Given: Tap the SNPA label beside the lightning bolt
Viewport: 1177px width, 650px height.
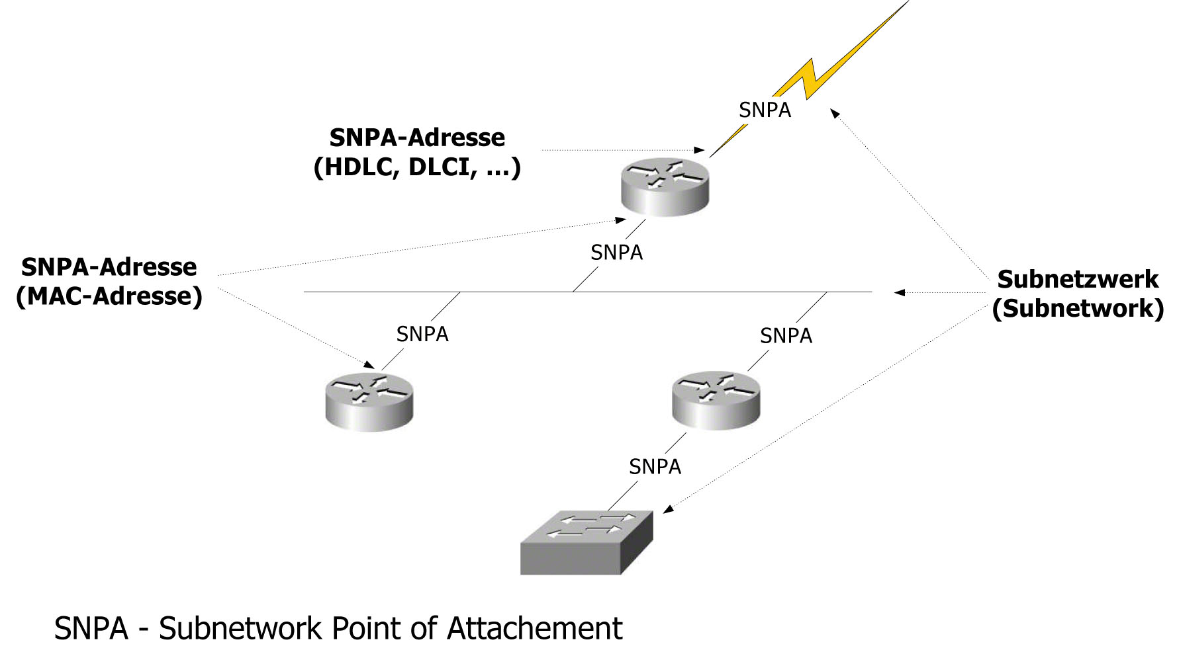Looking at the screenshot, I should pyautogui.click(x=765, y=110).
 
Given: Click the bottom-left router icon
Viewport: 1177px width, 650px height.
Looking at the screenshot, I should pyautogui.click(x=369, y=403).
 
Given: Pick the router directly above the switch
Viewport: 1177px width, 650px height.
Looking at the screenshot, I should pyautogui.click(x=716, y=400).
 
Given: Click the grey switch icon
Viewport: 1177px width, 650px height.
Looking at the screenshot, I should pyautogui.click(x=586, y=542).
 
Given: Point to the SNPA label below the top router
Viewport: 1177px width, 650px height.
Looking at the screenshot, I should pyautogui.click(x=616, y=253).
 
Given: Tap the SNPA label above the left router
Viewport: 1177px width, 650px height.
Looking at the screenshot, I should pyautogui.click(x=422, y=335).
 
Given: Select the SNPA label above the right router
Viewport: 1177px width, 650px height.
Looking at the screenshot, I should pyautogui.click(x=786, y=336).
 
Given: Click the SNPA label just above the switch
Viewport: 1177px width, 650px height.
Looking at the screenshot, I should pyautogui.click(x=655, y=467).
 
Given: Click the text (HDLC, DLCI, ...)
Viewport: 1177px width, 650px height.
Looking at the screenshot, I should pyautogui.click(x=417, y=167).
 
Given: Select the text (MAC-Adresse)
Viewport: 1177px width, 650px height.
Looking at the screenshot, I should pyautogui.click(x=109, y=296).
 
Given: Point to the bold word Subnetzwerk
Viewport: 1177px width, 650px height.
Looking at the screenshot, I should pyautogui.click(x=1078, y=279).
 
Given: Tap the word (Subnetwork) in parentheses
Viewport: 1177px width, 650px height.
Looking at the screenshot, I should pyautogui.click(x=1078, y=308).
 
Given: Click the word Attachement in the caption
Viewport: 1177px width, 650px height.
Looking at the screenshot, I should pyautogui.click(x=534, y=628).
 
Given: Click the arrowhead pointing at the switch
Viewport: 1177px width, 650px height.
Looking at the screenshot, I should pyautogui.click(x=669, y=508).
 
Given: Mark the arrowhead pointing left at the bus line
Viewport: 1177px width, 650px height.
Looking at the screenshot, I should pyautogui.click(x=899, y=292).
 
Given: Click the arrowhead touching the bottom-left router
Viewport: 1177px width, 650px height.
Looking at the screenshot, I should pyautogui.click(x=369, y=364).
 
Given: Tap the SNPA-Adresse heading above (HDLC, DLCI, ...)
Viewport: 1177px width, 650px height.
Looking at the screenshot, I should pyautogui.click(x=417, y=138).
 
